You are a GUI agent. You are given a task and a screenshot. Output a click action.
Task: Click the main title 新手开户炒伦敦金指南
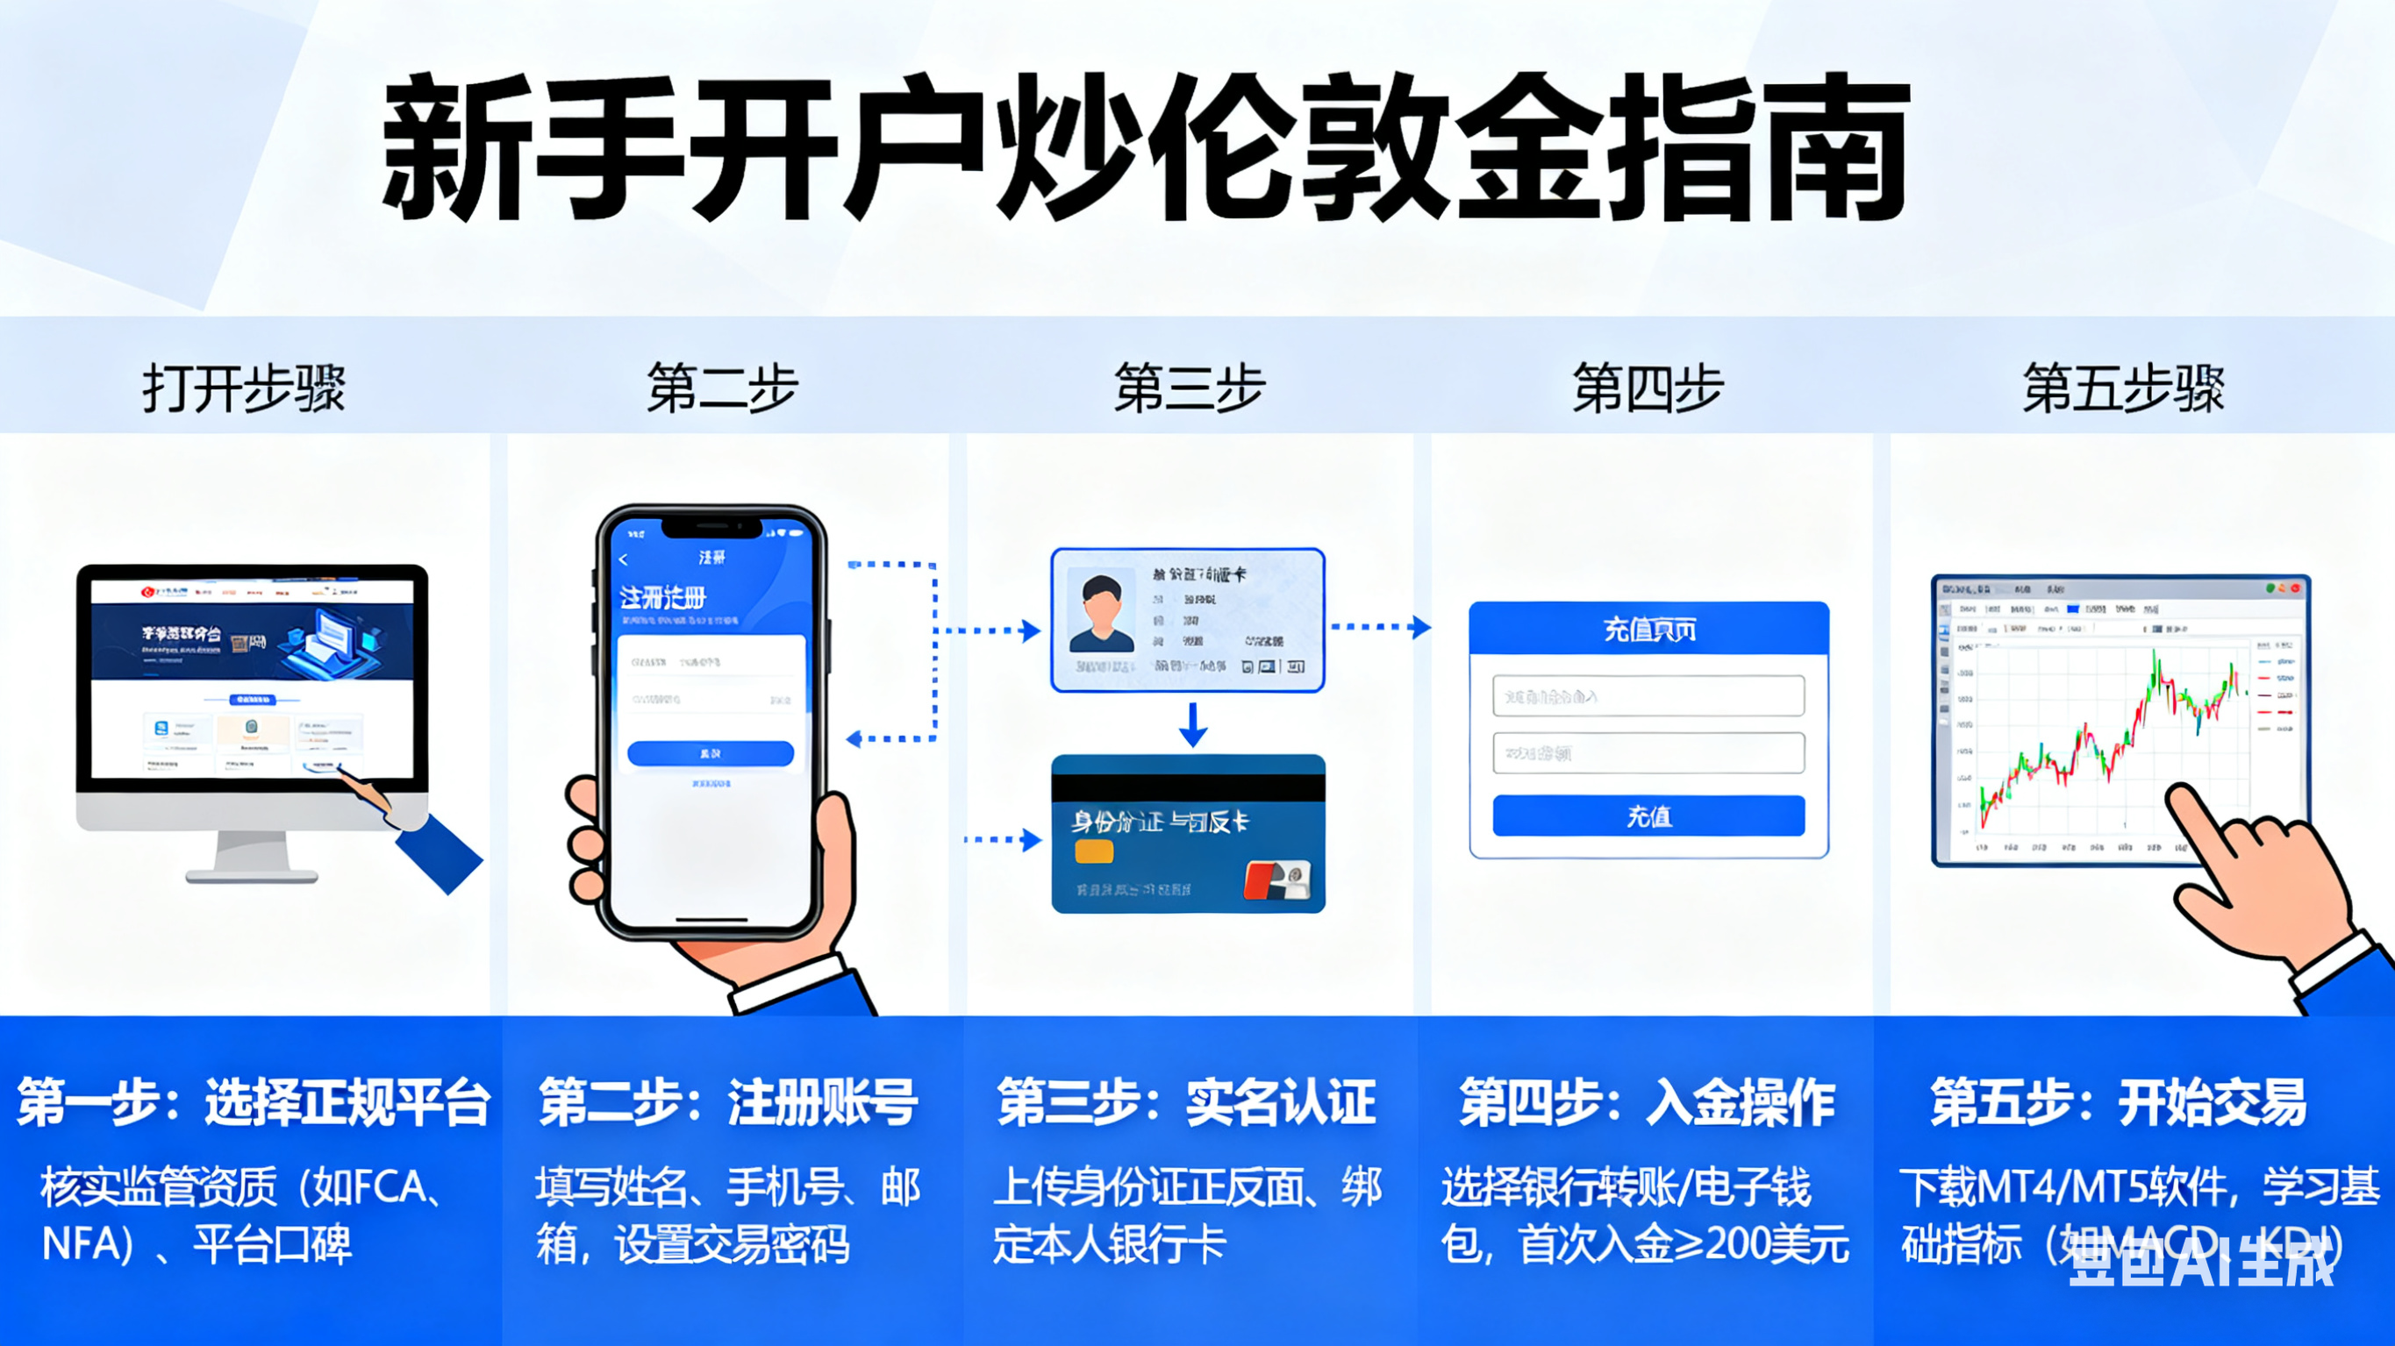pyautogui.click(x=1146, y=149)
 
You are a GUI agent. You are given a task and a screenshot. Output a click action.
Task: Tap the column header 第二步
pyautogui.click(x=722, y=388)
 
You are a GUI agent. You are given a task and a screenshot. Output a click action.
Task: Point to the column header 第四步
pyautogui.click(x=1648, y=388)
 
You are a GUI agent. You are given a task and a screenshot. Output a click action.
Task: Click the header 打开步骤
pyautogui.click(x=244, y=388)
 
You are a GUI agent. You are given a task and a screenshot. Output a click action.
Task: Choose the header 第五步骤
pyautogui.click(x=2124, y=388)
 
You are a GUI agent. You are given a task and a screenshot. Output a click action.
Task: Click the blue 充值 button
pyautogui.click(x=1648, y=816)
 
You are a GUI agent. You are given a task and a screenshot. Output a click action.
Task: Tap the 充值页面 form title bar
pyautogui.click(x=1648, y=630)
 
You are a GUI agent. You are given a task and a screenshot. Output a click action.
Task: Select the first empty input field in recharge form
pyautogui.click(x=1648, y=695)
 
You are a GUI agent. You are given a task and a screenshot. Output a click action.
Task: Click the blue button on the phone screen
pyautogui.click(x=711, y=753)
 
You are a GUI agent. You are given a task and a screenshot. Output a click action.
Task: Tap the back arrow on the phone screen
pyautogui.click(x=624, y=559)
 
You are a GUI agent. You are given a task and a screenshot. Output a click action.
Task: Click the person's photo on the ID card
pyautogui.click(x=1102, y=614)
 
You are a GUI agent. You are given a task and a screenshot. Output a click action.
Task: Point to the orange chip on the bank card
pyautogui.click(x=1093, y=851)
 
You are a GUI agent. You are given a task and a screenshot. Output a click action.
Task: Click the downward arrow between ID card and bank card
pyautogui.click(x=1193, y=724)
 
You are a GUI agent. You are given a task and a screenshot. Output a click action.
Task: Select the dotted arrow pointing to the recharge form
pyautogui.click(x=1381, y=628)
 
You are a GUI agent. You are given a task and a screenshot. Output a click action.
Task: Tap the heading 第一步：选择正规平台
pyautogui.click(x=253, y=1102)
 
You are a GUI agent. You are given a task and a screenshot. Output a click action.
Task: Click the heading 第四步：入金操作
pyautogui.click(x=1648, y=1102)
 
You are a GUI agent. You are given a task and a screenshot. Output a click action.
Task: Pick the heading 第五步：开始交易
pyautogui.click(x=2119, y=1102)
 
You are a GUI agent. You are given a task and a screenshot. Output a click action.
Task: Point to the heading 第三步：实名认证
pyautogui.click(x=1186, y=1102)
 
